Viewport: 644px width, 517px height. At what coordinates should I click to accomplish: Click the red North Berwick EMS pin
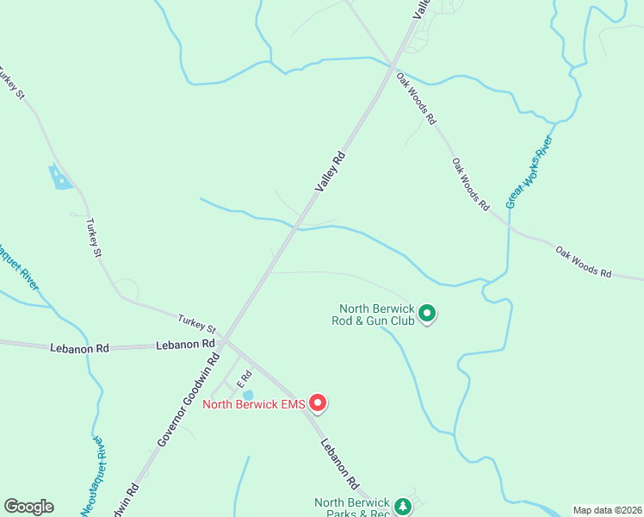pos(317,402)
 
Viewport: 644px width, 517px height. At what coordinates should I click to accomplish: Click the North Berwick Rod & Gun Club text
pos(377,315)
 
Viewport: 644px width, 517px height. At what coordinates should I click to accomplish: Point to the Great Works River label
pos(529,171)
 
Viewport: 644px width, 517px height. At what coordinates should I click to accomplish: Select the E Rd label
pos(244,377)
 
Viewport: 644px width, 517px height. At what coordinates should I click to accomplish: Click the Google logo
pos(28,507)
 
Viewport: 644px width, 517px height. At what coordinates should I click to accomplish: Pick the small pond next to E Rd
pos(248,394)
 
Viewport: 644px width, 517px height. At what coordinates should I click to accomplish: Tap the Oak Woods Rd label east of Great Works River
pos(583,262)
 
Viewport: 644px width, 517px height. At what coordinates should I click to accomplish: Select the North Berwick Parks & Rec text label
pos(352,508)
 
